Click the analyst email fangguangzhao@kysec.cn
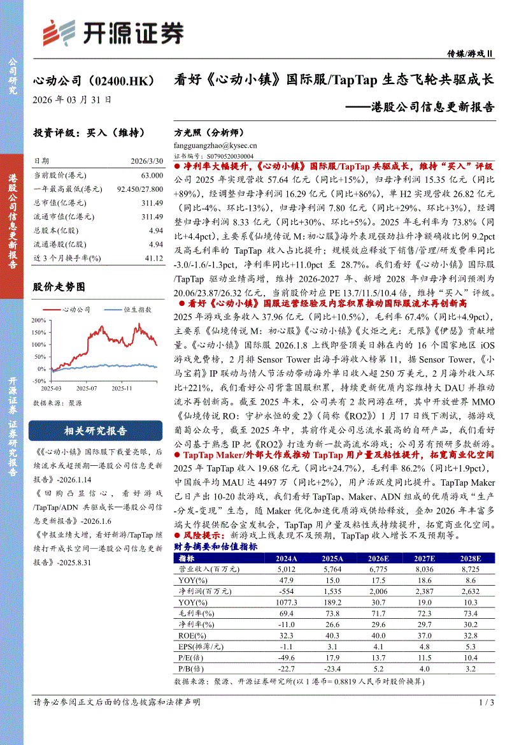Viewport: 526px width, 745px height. click(215, 145)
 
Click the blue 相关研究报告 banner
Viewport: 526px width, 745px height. click(95, 431)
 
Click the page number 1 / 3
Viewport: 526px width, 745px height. click(486, 702)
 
